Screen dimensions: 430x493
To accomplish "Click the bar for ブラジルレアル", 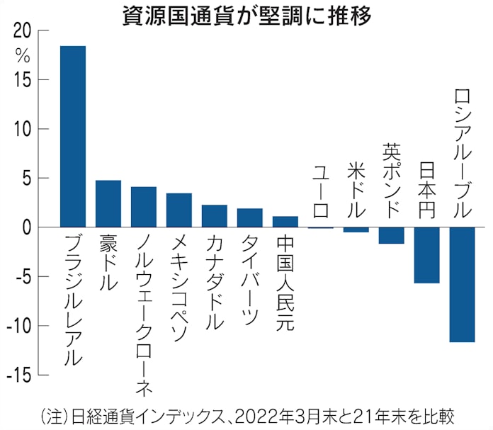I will pos(73,136).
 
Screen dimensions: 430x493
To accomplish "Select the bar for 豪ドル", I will pos(108,203).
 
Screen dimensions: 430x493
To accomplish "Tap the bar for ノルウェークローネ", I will pos(144,207).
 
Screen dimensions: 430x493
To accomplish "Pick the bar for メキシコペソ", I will pos(179,210).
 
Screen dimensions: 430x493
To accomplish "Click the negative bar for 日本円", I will pos(427,255).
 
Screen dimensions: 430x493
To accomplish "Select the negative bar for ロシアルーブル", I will pos(462,284).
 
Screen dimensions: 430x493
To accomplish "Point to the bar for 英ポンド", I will pos(392,235).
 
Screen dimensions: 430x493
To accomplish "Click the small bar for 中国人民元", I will pos(285,222).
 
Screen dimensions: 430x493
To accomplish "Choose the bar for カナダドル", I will pos(215,216).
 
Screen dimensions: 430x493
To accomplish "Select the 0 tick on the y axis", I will pos(25,227).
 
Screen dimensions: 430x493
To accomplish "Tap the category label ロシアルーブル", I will pos(462,153).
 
